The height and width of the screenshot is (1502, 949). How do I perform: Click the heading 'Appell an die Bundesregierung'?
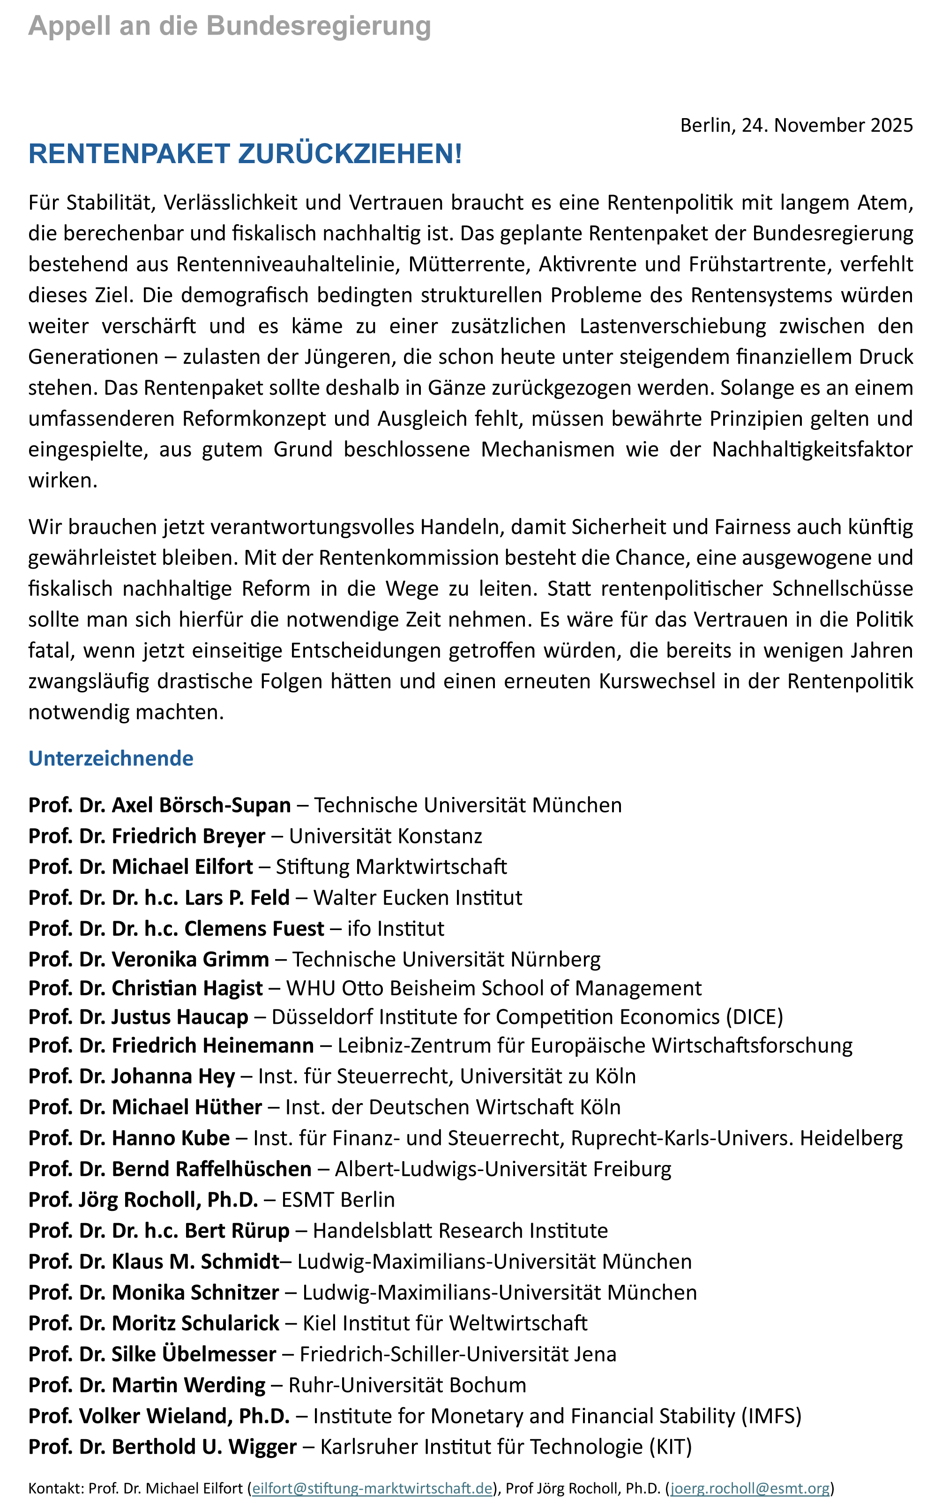[x=230, y=26]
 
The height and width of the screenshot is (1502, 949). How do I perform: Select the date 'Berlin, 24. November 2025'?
[x=796, y=125]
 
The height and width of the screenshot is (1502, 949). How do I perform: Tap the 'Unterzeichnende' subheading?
[x=111, y=759]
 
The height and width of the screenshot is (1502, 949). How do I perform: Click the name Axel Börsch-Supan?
[x=201, y=805]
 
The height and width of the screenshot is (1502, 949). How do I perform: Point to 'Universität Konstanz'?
[x=385, y=836]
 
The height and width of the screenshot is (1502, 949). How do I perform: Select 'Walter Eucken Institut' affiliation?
[x=418, y=898]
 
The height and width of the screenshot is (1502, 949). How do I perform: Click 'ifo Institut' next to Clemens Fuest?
[x=396, y=929]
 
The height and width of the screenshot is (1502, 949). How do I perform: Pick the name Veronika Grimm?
[x=190, y=959]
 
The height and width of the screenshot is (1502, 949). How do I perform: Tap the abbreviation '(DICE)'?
[x=754, y=1017]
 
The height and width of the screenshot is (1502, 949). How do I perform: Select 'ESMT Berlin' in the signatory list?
[x=338, y=1200]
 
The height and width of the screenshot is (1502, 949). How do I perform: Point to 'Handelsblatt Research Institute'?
[x=460, y=1231]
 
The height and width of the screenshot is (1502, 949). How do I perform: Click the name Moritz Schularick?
[x=195, y=1323]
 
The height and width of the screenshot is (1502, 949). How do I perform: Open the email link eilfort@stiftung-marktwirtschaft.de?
[x=372, y=1488]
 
